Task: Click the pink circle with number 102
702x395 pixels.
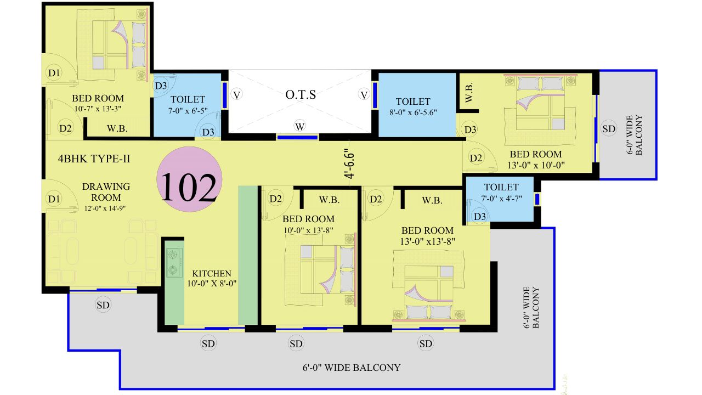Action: point(189,179)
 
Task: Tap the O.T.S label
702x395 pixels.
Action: point(301,94)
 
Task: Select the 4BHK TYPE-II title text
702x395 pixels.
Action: point(94,159)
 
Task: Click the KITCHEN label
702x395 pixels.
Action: point(212,273)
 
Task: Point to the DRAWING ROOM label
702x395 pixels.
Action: point(106,192)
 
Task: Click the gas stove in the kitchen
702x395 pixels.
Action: point(174,263)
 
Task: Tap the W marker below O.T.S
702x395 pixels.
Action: point(300,126)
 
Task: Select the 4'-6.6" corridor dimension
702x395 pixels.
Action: point(349,163)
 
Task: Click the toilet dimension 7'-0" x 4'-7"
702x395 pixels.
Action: point(501,198)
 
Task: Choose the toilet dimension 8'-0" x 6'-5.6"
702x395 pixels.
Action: point(413,112)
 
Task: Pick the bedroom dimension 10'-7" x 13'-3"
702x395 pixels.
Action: point(98,109)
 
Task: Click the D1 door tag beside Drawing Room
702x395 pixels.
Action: point(54,199)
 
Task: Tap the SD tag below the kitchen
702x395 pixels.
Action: point(208,344)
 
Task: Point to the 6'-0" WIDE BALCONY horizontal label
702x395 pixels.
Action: point(352,368)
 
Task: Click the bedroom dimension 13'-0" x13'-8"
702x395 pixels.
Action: point(427,241)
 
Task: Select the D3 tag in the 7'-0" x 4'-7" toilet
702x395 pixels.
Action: point(480,216)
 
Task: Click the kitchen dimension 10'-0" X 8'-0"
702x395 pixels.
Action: point(212,284)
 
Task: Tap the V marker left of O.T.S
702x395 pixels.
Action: point(236,94)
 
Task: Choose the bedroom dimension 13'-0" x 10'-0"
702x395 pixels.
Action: point(536,165)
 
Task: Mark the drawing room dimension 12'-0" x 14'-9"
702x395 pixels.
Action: point(105,208)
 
